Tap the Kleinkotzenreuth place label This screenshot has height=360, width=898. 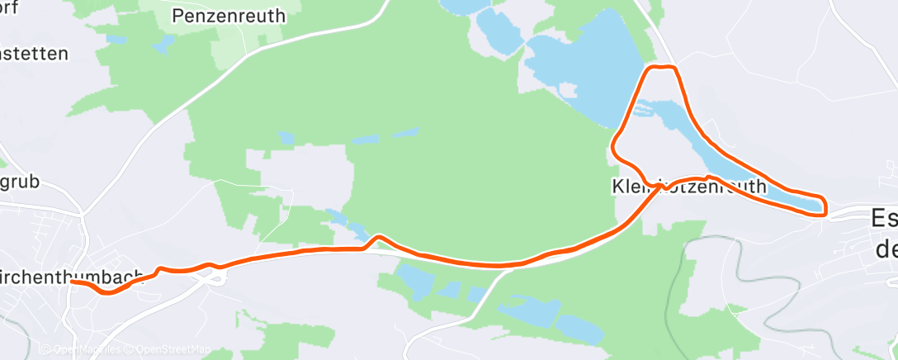click(x=688, y=187)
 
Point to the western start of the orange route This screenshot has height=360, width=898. click(x=73, y=282)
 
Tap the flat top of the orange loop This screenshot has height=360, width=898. click(x=664, y=67)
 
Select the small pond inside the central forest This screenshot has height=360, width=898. click(x=285, y=135)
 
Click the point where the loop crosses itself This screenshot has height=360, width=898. click(x=660, y=184)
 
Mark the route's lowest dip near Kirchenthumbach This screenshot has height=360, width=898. click(x=107, y=292)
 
